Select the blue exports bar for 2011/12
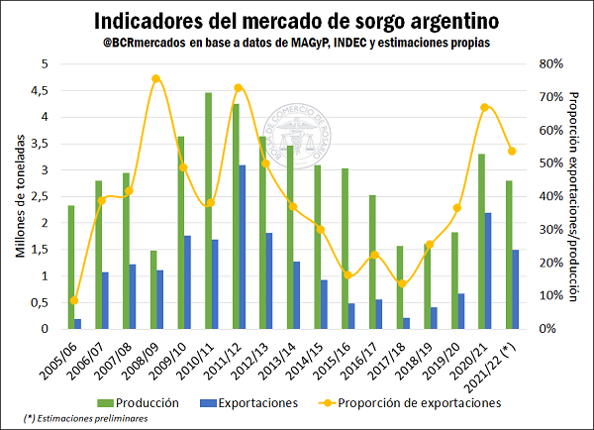[243, 247]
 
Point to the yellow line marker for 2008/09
[156, 78]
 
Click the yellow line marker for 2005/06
[74, 300]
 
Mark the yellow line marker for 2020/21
[485, 107]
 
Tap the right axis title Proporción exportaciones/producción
[573, 195]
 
